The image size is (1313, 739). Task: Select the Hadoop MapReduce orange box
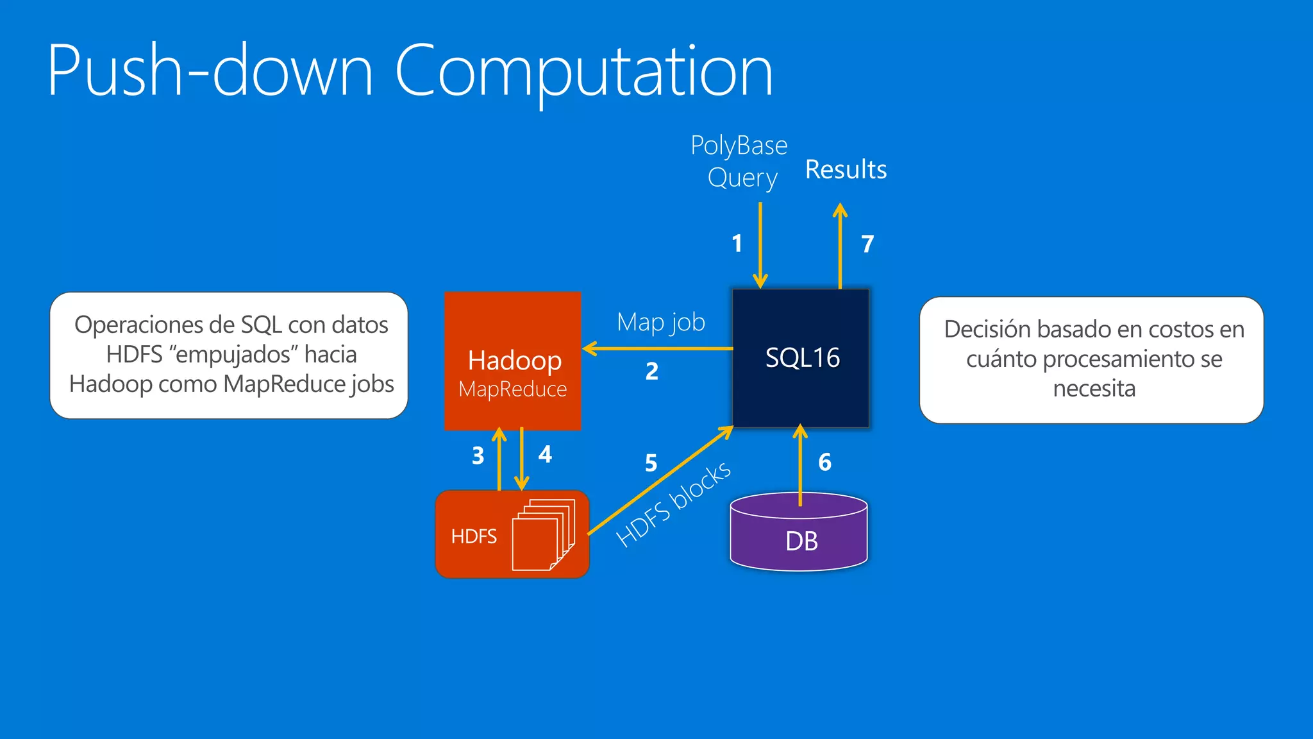(x=513, y=361)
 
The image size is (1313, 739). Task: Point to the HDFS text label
(x=474, y=536)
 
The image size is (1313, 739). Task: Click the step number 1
(x=737, y=243)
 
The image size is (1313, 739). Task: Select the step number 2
(x=651, y=371)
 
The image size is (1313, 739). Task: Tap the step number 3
(x=478, y=456)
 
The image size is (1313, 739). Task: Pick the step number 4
(x=545, y=455)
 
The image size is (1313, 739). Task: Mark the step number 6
(x=824, y=463)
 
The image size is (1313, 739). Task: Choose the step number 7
(x=867, y=244)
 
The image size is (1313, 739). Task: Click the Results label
(x=846, y=170)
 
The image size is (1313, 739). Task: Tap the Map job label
(x=660, y=322)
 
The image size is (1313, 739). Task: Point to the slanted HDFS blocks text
(x=673, y=504)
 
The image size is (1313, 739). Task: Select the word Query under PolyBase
(x=742, y=178)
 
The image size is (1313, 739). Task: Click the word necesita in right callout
(x=1094, y=389)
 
